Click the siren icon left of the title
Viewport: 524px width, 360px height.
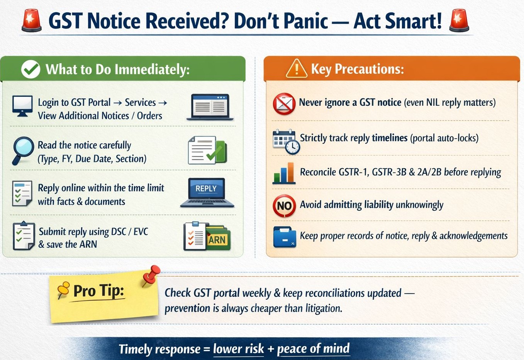(x=32, y=21)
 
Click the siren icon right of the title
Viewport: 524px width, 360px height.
(x=459, y=21)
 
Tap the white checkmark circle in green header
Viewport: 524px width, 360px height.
(x=31, y=69)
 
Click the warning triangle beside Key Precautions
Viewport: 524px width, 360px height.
(x=296, y=69)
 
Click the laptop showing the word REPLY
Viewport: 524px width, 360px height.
(x=207, y=192)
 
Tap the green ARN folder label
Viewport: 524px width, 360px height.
(x=217, y=240)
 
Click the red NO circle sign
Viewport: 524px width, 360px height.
(x=284, y=206)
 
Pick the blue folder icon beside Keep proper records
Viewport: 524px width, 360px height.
(x=285, y=237)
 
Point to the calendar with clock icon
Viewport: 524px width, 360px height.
(x=286, y=142)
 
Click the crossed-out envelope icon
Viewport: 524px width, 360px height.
(x=284, y=103)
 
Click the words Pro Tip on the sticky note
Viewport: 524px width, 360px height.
(x=98, y=291)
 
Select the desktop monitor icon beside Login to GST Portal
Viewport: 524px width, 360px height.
(x=22, y=105)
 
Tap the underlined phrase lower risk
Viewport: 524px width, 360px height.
(x=238, y=349)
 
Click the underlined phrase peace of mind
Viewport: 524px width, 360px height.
(x=313, y=348)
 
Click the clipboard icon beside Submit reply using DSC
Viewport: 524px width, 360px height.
(x=23, y=236)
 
